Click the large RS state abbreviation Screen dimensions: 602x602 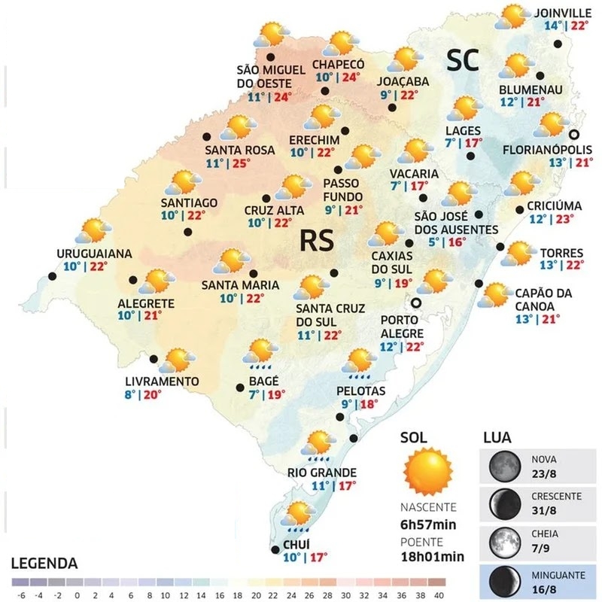319,240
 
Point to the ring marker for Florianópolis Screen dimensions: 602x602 575,135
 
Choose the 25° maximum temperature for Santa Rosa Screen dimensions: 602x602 242,164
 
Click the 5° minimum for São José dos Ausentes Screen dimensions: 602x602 432,242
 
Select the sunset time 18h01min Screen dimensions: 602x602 432,557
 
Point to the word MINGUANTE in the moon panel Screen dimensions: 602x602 558,575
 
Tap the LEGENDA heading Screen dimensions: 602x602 44,563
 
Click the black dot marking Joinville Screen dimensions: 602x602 558,44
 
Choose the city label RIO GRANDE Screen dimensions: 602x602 322,473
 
